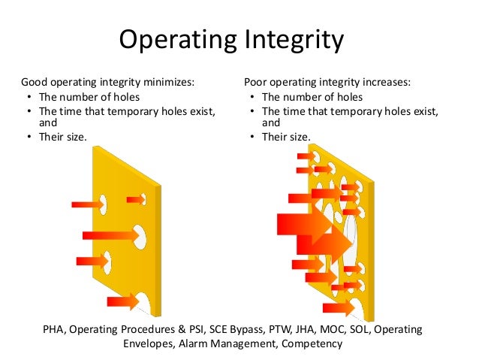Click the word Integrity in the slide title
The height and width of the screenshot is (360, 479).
click(294, 41)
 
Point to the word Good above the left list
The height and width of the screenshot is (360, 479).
click(35, 82)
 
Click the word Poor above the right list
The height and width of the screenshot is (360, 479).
click(258, 82)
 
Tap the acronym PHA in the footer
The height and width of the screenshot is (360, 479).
click(56, 329)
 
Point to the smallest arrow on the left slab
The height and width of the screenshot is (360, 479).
click(136, 199)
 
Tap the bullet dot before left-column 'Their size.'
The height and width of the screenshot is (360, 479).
click(28, 137)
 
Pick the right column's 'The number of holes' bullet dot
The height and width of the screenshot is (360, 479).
click(253, 98)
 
